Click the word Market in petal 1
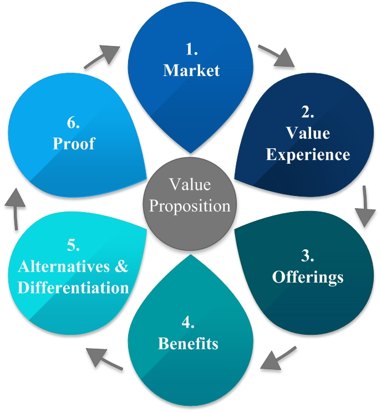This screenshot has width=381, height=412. (x=191, y=71)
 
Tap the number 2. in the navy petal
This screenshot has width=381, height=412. (x=308, y=113)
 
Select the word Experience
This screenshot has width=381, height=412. (x=308, y=154)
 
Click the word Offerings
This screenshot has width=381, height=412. (x=308, y=276)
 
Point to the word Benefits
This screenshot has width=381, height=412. (x=188, y=343)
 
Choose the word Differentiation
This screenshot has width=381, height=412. (x=74, y=288)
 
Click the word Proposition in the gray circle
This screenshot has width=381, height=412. (x=190, y=206)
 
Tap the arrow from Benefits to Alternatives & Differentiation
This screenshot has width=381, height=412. (x=105, y=357)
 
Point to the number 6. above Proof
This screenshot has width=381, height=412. (x=74, y=122)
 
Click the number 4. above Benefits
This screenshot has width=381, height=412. (x=188, y=323)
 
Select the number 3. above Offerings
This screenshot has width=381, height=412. (x=308, y=255)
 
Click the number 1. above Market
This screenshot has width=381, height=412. (x=191, y=50)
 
